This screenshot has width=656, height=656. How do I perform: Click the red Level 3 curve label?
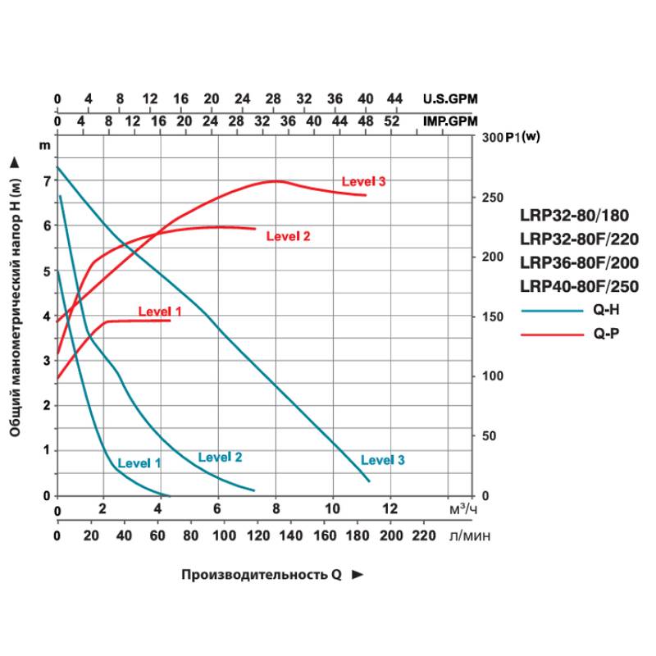363,181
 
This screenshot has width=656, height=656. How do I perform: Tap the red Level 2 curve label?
288,236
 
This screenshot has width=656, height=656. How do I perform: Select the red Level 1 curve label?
159,312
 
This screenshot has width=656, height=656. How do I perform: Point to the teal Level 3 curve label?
383,460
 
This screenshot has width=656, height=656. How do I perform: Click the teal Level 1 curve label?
139,463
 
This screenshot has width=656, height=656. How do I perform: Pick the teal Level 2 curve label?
221,458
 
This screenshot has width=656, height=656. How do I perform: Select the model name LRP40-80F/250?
579,286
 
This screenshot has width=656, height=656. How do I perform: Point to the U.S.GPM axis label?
449,99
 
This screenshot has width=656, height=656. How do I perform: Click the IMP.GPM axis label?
449,121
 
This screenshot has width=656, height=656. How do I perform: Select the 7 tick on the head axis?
46,179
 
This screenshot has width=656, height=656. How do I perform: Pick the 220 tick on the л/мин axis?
423,535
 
